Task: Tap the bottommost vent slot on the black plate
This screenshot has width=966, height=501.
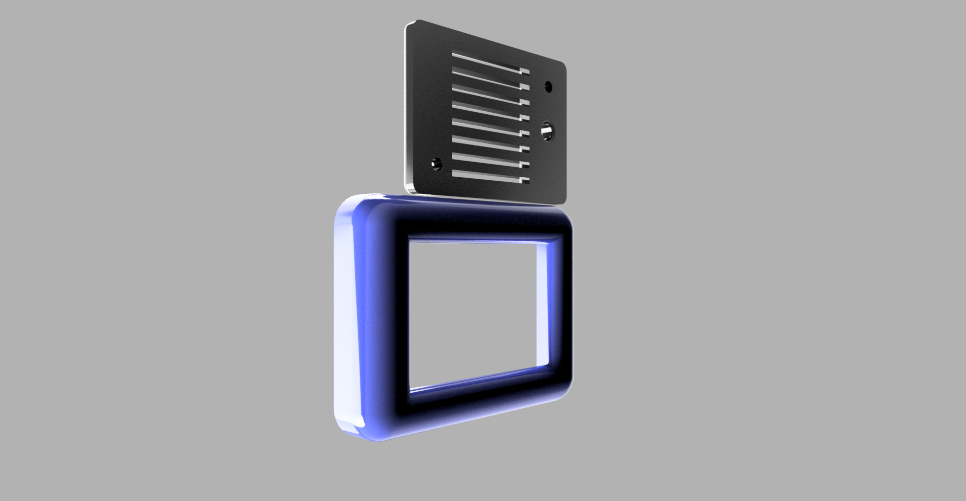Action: coord(488,176)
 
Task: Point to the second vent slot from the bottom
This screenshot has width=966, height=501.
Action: coord(488,160)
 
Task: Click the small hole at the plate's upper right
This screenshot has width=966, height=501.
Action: coord(548,87)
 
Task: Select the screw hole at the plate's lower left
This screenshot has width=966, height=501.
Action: coord(436,164)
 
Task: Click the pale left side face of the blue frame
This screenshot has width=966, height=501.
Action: coord(347,317)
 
